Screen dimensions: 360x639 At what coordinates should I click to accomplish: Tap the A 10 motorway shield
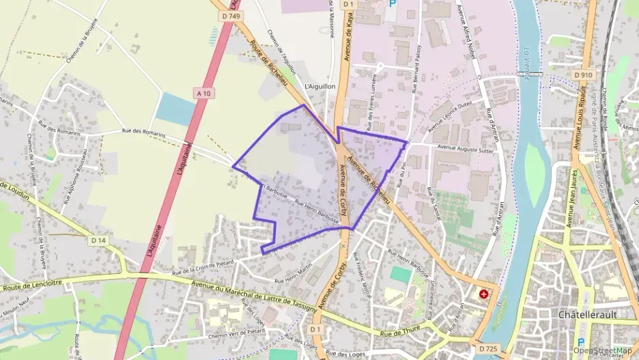pyautogui.click(x=202, y=92)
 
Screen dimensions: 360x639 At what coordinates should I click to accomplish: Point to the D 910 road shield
pyautogui.click(x=582, y=74)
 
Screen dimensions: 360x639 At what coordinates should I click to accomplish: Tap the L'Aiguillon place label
pyautogui.click(x=319, y=87)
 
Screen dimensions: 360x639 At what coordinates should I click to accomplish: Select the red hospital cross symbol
pyautogui.click(x=484, y=294)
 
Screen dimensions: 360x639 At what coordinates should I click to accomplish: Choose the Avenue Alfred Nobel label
pyautogui.click(x=470, y=40)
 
